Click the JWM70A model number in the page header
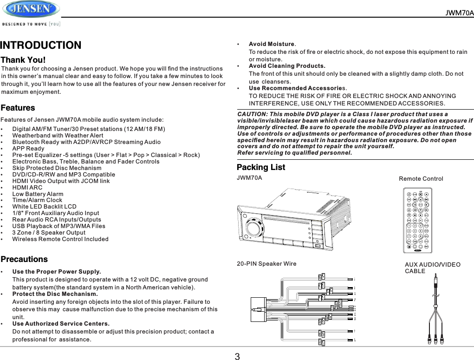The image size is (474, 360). [x=459, y=13]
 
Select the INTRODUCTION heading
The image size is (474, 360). [x=41, y=46]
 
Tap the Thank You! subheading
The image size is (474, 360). [x=23, y=60]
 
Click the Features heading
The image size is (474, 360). [x=18, y=108]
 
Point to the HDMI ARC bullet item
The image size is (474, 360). [x=27, y=188]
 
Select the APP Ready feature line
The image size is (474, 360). [x=28, y=149]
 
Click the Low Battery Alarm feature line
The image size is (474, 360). [x=38, y=194]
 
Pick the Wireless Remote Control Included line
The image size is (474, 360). [x=60, y=239]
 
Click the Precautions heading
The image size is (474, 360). [x=24, y=259]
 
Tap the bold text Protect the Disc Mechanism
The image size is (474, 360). [x=55, y=294]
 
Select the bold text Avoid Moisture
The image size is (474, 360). [x=272, y=44]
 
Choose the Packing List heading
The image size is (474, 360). [x=261, y=167]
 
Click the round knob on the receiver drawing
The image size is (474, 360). [x=254, y=228]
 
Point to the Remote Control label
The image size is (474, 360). [x=421, y=179]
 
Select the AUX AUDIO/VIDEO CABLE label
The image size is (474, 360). [x=432, y=268]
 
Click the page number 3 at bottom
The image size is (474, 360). [x=237, y=357]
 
